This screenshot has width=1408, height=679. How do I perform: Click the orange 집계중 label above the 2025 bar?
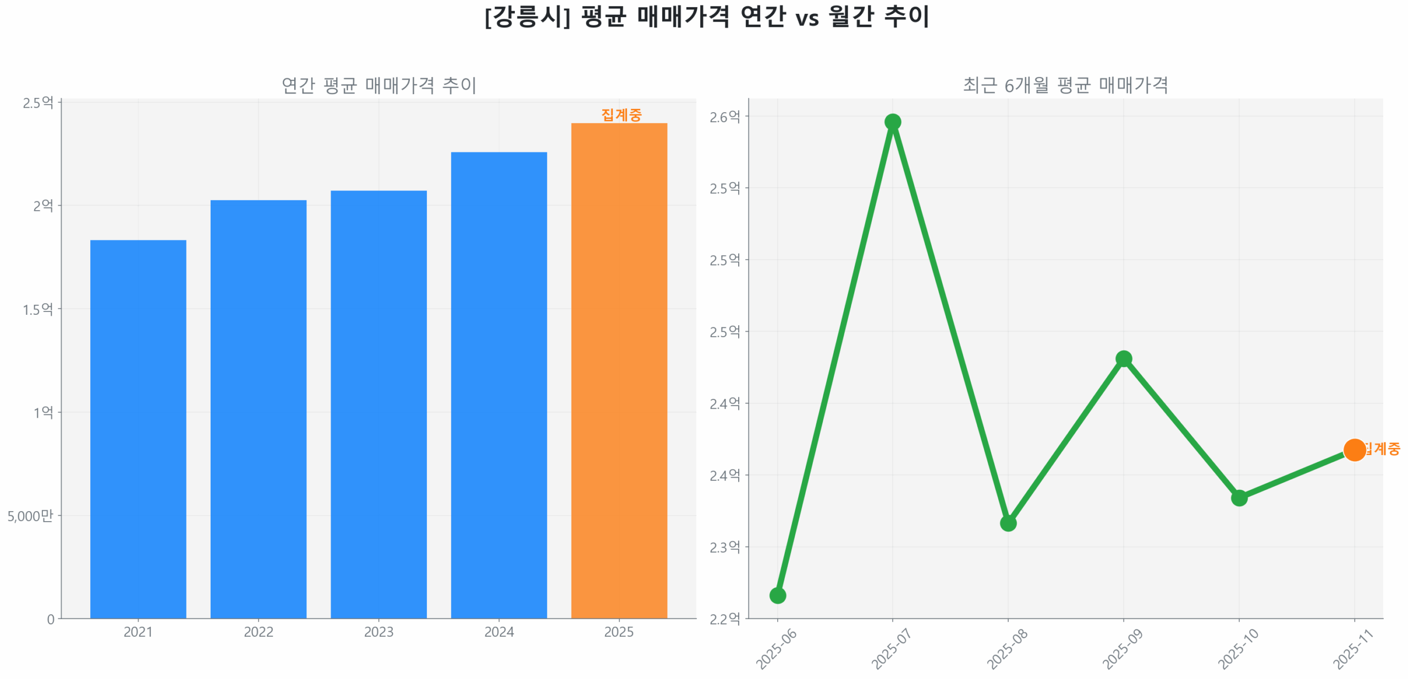click(621, 114)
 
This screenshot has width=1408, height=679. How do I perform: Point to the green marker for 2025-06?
click(777, 595)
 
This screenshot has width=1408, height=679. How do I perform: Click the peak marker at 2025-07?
click(892, 122)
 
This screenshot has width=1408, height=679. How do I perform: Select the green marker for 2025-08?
click(1008, 523)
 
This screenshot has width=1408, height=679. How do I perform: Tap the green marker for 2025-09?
click(1123, 359)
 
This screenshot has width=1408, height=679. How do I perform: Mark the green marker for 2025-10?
click(1239, 497)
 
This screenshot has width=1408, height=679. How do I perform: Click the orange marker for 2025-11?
click(1354, 450)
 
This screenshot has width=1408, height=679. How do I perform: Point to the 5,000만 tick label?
click(30, 516)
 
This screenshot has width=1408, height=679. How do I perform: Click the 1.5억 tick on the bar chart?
click(38, 309)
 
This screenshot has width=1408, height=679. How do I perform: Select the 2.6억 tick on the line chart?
click(724, 117)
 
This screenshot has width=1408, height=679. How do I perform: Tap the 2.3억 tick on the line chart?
click(724, 547)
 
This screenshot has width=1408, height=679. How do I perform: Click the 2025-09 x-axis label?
click(1123, 649)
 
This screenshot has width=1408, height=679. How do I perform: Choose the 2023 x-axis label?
click(378, 632)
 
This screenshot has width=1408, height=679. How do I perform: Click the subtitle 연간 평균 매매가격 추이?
click(378, 85)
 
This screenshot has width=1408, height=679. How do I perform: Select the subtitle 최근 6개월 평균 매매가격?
click(1065, 85)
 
